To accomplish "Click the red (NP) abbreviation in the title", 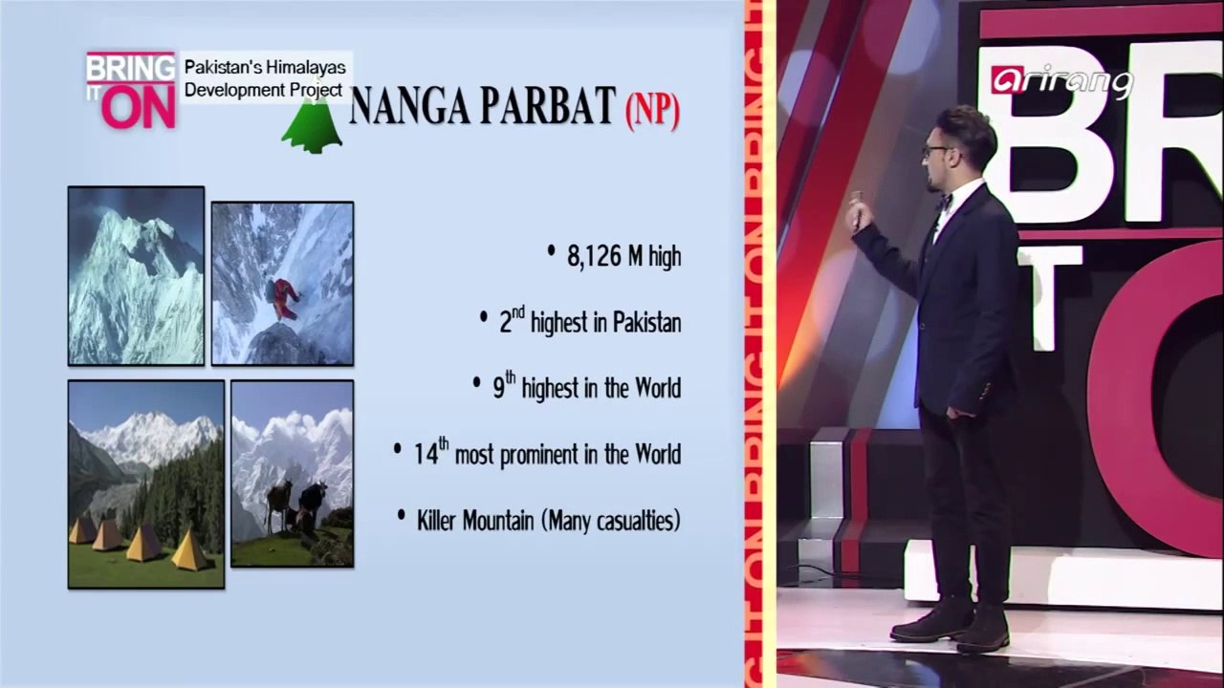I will pyautogui.click(x=652, y=111).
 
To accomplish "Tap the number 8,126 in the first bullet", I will pyautogui.click(x=594, y=257).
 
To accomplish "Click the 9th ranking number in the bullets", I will pyautogui.click(x=504, y=387).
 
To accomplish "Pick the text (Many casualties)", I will pyautogui.click(x=611, y=521).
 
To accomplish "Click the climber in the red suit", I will pyautogui.click(x=284, y=298).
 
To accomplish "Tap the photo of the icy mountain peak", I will pyautogui.click(x=136, y=275).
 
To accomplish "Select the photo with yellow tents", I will pyautogui.click(x=146, y=484).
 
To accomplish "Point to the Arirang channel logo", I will pyautogui.click(x=1060, y=81).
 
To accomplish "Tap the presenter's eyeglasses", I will pyautogui.click(x=934, y=150).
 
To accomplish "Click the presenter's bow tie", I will pyautogui.click(x=945, y=202).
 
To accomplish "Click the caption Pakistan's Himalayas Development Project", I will pyautogui.click(x=264, y=78).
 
